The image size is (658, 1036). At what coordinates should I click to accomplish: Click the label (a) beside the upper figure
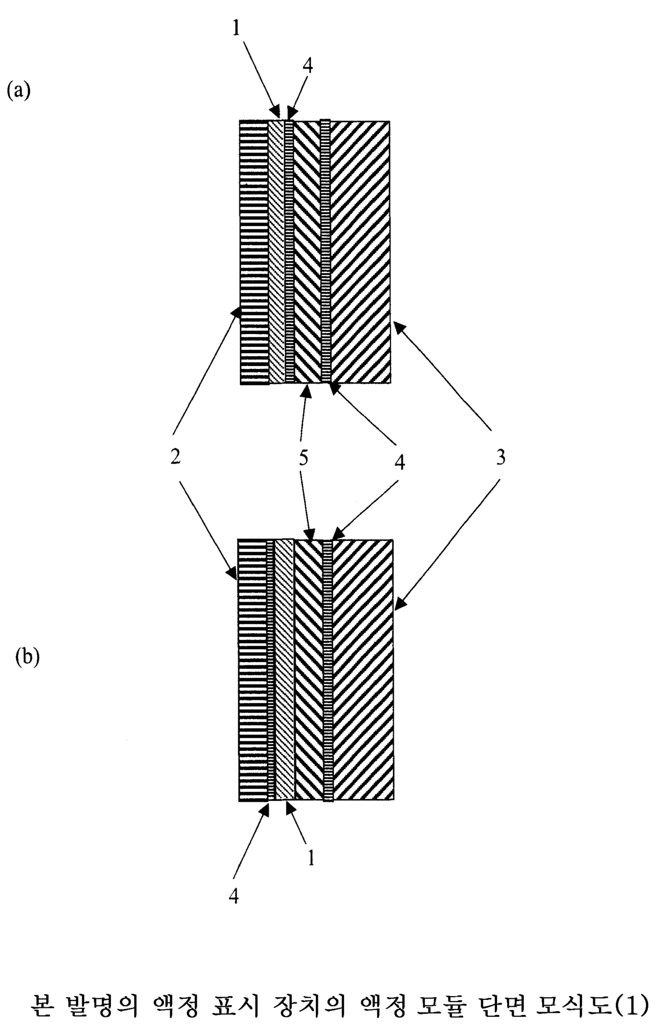[18, 90]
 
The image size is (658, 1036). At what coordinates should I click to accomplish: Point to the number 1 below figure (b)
[311, 858]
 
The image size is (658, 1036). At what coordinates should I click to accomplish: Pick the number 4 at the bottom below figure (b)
[233, 896]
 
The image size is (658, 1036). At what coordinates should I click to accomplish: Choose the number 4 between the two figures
[400, 461]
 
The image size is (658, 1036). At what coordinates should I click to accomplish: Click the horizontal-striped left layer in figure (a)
[254, 252]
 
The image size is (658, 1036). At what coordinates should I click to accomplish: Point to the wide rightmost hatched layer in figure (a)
[361, 252]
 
